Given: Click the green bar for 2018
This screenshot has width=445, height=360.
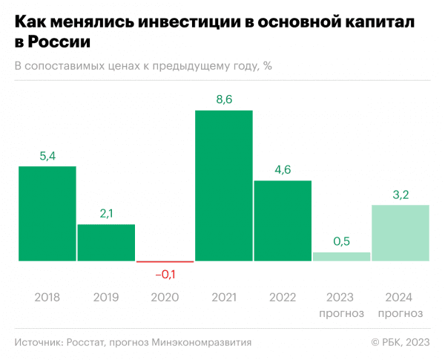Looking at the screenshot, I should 47,214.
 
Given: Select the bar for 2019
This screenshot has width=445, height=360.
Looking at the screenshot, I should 106,243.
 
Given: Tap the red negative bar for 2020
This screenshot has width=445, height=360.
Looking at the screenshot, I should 165,262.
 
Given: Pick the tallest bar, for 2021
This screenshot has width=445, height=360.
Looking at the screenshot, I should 224,186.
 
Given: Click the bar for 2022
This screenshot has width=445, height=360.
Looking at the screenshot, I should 283,220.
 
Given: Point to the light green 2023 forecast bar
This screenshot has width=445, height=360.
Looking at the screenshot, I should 341,257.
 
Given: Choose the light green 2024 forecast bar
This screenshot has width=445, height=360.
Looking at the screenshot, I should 400,233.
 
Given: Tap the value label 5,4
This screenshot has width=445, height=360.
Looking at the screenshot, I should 47,156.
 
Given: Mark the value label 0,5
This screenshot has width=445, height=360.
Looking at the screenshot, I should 341,242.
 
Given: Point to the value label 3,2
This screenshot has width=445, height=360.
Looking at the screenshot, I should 400,194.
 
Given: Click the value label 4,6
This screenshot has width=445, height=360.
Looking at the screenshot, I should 283,170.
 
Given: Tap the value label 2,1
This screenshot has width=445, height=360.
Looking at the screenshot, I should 106,214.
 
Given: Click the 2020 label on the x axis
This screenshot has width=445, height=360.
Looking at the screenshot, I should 165,297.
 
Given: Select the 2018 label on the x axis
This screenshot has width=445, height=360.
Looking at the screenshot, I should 47,297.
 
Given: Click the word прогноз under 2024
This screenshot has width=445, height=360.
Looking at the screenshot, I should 400,312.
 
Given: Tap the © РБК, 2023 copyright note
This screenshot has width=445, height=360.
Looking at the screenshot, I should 400,342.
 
